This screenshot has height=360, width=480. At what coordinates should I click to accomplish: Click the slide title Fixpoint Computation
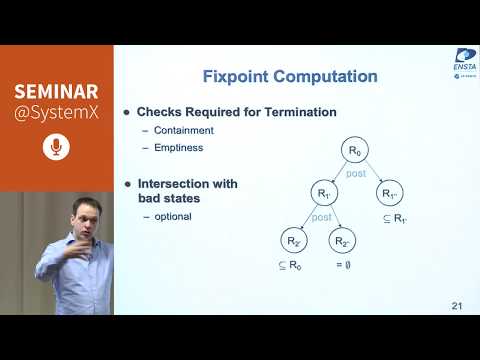[290, 76]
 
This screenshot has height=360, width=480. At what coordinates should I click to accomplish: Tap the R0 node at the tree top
[354, 151]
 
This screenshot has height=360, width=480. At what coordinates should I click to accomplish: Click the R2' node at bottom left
[292, 241]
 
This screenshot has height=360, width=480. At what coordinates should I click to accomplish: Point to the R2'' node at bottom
[340, 241]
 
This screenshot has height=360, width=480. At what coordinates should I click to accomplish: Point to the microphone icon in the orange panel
[55, 148]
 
